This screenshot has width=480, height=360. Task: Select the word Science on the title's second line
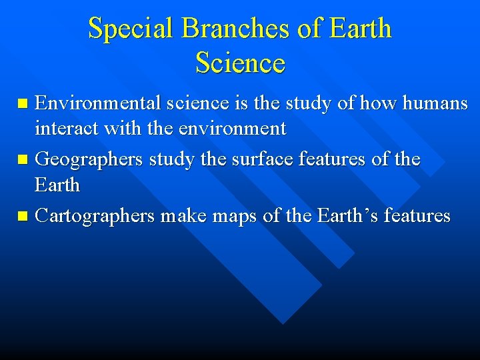240,63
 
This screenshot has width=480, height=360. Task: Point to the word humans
433,103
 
